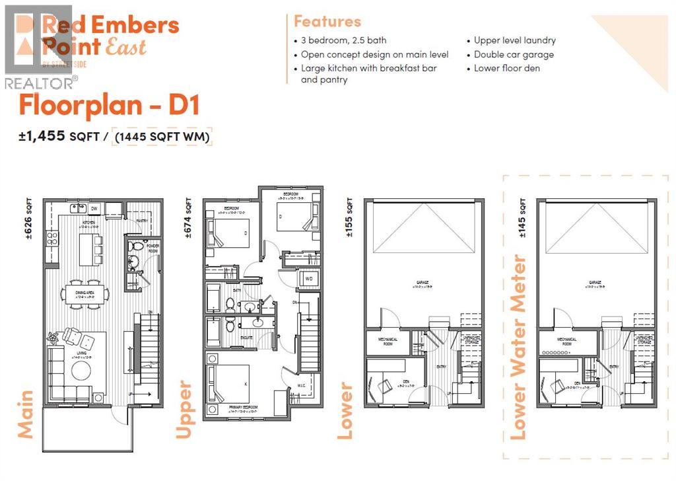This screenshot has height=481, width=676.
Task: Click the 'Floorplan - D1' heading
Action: click(109, 106)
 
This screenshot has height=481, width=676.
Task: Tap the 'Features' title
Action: click(327, 21)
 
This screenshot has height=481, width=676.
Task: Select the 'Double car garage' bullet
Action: click(514, 54)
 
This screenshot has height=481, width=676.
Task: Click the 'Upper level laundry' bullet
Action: click(514, 40)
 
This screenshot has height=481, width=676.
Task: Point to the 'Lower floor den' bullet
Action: click(506, 68)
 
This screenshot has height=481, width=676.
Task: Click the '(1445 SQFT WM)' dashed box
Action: click(162, 137)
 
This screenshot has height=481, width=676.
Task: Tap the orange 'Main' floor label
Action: click(25, 414)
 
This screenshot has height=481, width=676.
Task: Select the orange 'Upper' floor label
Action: click(184, 410)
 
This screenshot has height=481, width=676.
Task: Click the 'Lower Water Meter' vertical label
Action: click(519, 348)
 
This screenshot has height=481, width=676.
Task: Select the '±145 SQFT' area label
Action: click(523, 213)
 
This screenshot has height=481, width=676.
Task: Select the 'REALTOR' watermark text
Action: click(40, 83)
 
